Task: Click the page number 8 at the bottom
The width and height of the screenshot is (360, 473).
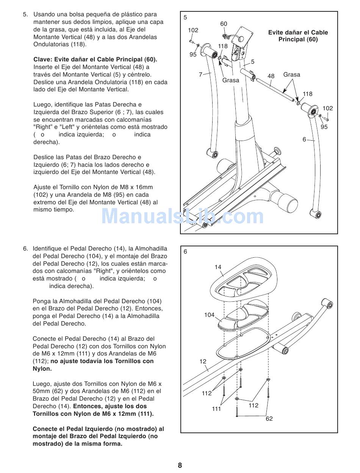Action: tap(180, 465)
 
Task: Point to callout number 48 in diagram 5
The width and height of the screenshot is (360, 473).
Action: tap(271, 76)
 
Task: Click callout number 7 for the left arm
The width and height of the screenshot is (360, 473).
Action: tap(200, 75)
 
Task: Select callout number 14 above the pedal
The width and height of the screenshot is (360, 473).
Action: tap(218, 267)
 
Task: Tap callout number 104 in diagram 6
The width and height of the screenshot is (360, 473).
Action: tap(209, 315)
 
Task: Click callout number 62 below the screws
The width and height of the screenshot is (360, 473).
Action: tap(269, 419)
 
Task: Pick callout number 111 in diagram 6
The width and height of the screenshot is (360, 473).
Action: tap(216, 409)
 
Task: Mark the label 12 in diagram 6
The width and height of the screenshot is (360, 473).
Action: tap(203, 362)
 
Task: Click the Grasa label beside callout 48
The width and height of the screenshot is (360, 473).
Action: tap(292, 75)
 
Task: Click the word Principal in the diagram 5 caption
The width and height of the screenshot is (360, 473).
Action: tap(293, 39)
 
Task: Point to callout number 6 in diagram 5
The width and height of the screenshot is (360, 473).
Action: tap(304, 139)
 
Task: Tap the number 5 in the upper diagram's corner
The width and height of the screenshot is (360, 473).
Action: tap(185, 17)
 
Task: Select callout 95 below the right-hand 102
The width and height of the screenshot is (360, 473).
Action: tap(324, 127)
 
